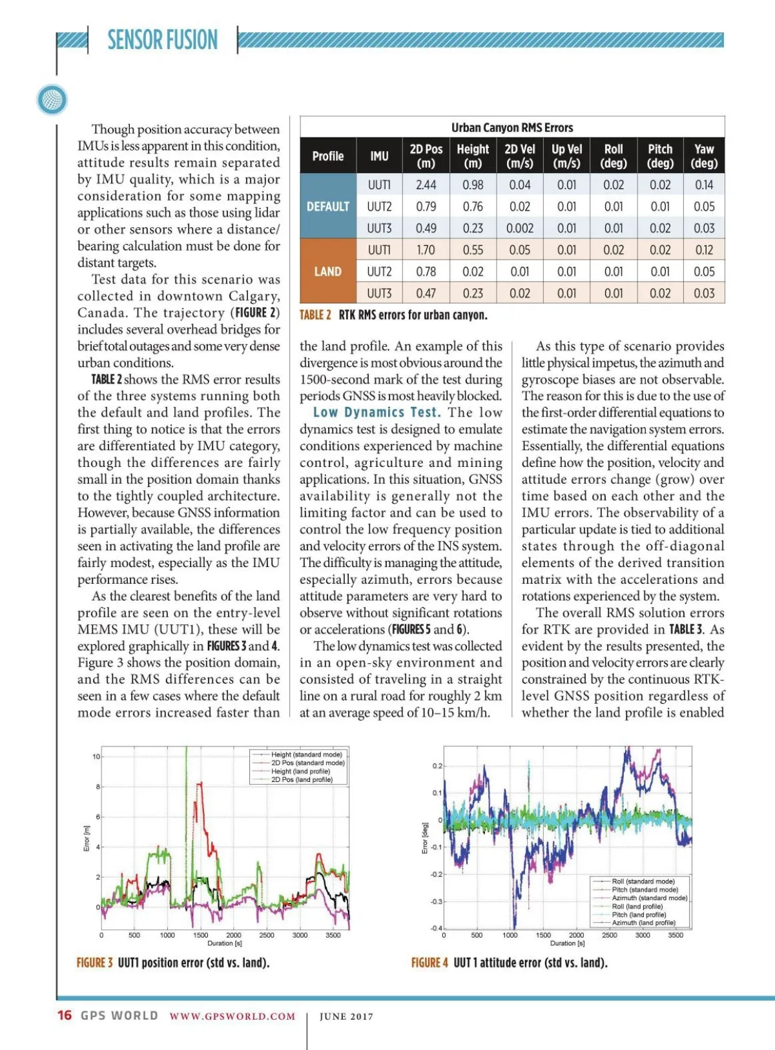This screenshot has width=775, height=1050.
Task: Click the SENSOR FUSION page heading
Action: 162,40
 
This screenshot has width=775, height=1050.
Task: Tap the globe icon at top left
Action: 52,99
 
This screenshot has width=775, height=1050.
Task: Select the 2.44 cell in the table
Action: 426,185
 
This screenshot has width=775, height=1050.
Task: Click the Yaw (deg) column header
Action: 704,156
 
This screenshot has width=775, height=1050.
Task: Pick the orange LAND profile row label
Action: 328,271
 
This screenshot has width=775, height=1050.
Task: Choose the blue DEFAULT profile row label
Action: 328,207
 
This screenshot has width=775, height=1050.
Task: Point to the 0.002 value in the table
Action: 520,228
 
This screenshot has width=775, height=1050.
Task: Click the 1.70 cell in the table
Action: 426,250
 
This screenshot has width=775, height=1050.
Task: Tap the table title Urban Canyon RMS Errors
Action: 512,127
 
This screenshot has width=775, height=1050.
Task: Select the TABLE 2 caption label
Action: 315,315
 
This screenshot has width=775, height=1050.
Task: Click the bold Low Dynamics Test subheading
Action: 377,413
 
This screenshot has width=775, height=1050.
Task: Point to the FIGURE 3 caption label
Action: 94,963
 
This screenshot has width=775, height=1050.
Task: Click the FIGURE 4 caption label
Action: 429,963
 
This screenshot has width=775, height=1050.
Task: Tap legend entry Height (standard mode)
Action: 306,754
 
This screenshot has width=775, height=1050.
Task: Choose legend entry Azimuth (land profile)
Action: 643,923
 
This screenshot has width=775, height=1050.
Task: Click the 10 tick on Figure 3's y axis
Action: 96,756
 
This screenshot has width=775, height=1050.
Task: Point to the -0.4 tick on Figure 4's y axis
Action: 437,929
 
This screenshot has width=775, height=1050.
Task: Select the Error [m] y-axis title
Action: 87,838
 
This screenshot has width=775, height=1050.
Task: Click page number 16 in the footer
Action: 65,1015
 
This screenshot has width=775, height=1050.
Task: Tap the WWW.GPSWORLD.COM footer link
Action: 232,1016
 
